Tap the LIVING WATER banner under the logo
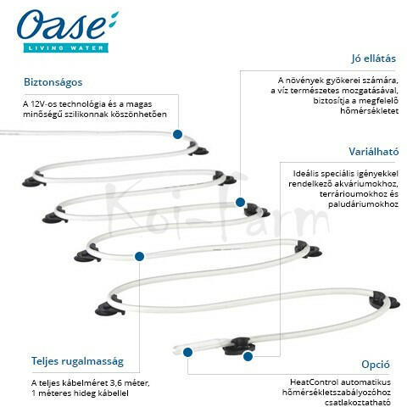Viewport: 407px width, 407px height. point(66,47)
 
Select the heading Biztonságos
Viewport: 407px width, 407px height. point(53,82)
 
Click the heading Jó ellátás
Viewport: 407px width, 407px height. point(373,59)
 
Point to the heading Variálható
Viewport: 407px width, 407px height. point(374,152)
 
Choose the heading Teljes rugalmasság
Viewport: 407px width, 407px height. point(77,361)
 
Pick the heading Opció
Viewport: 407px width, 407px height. point(376,365)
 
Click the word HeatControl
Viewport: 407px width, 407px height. point(314,382)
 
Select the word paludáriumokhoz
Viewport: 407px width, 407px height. point(363,204)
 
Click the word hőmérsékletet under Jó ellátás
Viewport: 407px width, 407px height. point(370,111)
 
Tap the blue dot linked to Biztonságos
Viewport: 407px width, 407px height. point(177,134)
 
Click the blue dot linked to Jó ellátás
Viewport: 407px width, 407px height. point(240,202)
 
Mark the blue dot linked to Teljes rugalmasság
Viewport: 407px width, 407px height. point(139,256)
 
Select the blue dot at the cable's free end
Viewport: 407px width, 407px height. point(187,352)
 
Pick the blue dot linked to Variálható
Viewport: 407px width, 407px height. point(248,356)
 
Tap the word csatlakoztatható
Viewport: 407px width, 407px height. point(358,403)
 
